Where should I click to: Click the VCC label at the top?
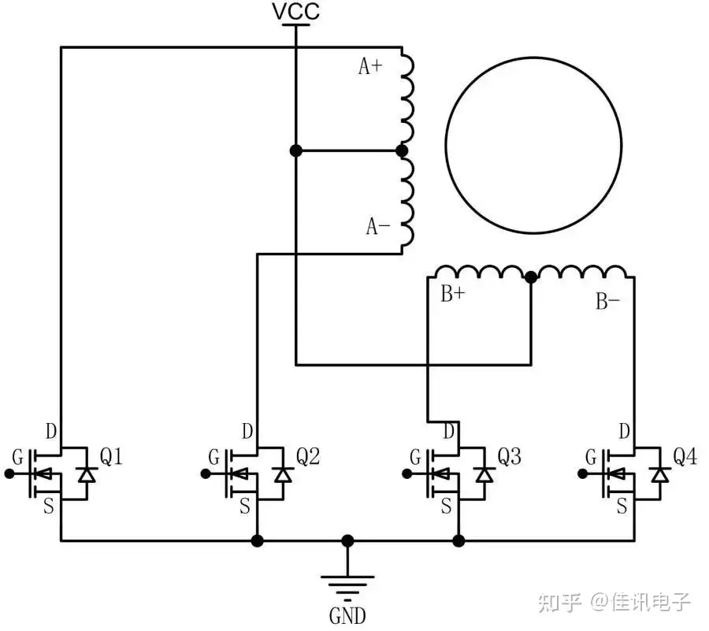coord(295,12)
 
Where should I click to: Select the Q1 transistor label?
coord(110,456)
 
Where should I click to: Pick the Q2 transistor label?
coord(307,456)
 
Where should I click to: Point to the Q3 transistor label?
coord(508,456)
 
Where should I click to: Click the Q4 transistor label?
coord(684,456)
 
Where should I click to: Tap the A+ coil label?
coord(370,67)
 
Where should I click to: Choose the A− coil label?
coord(377,227)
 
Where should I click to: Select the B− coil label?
coord(607,301)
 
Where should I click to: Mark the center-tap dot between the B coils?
coord(531,277)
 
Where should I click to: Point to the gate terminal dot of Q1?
coord(9,473)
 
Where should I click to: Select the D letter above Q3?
coord(449,432)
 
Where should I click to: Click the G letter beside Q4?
coord(591,458)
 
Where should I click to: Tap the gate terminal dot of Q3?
coord(406,473)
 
